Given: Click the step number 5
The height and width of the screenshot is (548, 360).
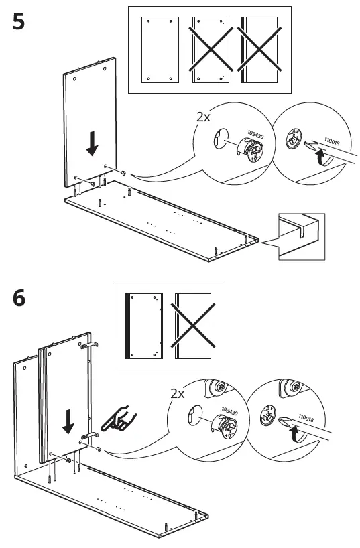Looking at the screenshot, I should tap(19, 22).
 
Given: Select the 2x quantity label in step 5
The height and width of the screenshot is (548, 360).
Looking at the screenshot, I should tap(203, 116).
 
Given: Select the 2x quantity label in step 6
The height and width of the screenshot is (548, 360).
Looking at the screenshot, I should tap(177, 393).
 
